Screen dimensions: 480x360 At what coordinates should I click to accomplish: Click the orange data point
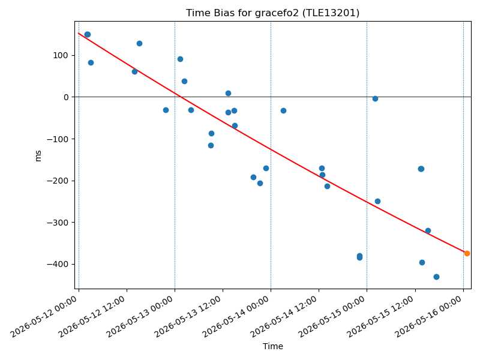467,253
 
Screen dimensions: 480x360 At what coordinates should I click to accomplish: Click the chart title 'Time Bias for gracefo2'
242,13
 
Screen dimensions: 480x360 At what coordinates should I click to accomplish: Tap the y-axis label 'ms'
38,156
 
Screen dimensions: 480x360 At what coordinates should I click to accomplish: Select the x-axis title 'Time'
273,346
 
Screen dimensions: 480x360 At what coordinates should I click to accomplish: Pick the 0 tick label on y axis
67,97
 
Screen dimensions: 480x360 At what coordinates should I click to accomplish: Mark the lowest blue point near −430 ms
437,277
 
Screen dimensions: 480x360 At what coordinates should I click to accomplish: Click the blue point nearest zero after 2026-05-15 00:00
376,98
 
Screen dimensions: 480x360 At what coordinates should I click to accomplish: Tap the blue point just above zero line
229,94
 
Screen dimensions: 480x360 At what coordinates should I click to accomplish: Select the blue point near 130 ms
140,43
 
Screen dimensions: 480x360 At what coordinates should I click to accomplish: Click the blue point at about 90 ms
181,59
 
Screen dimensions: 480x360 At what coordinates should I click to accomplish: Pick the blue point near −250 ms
378,202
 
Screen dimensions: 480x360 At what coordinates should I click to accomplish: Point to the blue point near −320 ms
428,231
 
